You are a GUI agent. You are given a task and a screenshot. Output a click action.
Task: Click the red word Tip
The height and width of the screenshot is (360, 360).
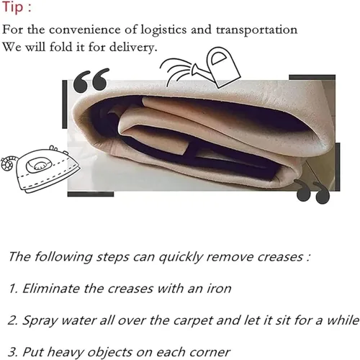(x=13, y=7)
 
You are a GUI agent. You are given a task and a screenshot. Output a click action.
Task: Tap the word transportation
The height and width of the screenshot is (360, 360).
(x=256, y=30)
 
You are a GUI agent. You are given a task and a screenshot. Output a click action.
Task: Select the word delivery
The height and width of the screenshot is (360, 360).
(x=133, y=47)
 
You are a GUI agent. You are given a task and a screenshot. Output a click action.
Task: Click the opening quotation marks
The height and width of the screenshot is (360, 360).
(x=91, y=80)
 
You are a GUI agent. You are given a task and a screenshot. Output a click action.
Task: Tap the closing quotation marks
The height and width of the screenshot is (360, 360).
(x=312, y=192)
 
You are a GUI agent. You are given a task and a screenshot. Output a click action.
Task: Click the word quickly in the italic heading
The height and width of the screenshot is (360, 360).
(x=181, y=257)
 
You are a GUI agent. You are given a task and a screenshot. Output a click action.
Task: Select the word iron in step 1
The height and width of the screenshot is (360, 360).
(x=219, y=288)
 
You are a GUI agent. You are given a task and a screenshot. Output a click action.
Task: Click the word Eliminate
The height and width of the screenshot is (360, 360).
(x=50, y=288)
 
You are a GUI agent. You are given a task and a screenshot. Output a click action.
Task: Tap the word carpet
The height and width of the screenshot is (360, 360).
(x=193, y=321)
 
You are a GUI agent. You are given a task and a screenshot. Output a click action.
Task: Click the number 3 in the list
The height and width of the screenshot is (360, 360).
(x=12, y=352)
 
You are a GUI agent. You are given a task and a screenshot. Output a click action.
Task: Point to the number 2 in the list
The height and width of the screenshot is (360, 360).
(x=12, y=320)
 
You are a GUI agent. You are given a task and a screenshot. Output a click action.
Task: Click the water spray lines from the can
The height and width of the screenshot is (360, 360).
(x=176, y=70)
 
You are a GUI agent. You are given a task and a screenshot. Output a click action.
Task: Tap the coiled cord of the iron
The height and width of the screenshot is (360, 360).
(x=9, y=163)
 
